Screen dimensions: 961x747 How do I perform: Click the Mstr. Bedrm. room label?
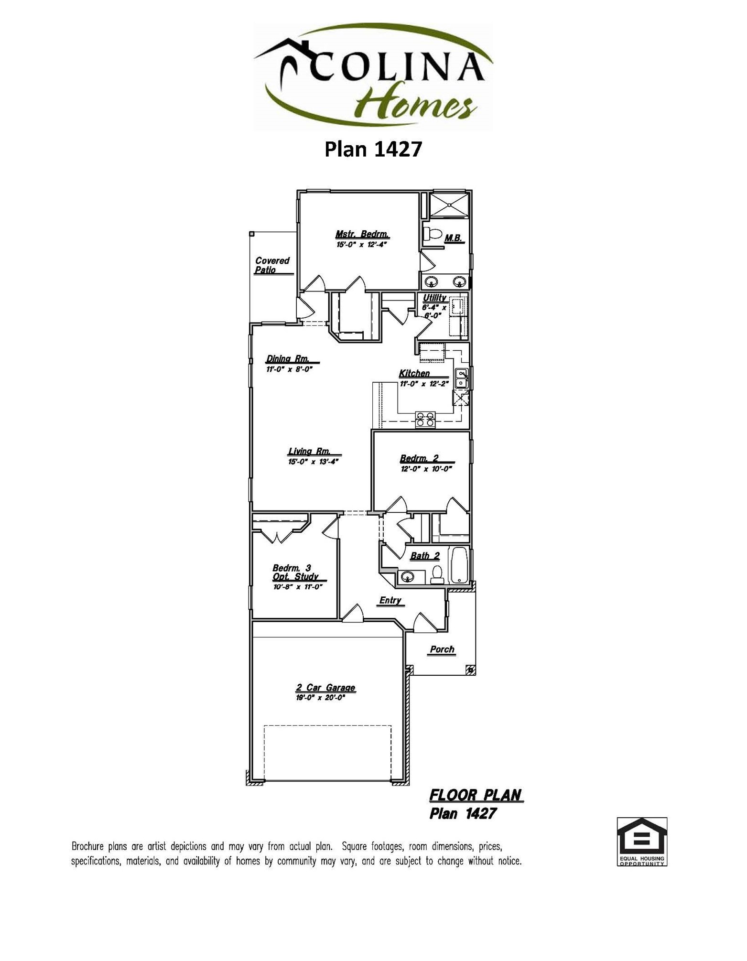pyautogui.click(x=362, y=235)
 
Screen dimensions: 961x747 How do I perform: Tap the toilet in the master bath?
pyautogui.click(x=433, y=234)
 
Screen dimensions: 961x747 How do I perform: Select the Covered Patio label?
pyautogui.click(x=272, y=265)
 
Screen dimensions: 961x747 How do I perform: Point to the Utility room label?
pyautogui.click(x=434, y=298)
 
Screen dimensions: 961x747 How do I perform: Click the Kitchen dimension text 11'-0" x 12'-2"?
pyautogui.click(x=423, y=383)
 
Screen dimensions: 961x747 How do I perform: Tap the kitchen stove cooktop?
pyautogui.click(x=425, y=419)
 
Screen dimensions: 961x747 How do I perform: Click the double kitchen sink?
pyautogui.click(x=461, y=378)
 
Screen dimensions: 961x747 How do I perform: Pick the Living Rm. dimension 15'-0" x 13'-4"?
pyautogui.click(x=313, y=462)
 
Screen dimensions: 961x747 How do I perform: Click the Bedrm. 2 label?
pyautogui.click(x=419, y=459)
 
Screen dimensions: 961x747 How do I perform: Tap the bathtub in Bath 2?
pyautogui.click(x=459, y=565)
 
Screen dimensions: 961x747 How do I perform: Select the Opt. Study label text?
pyautogui.click(x=295, y=577)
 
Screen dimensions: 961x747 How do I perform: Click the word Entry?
pyautogui.click(x=390, y=600)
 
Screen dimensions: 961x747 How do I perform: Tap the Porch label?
pyautogui.click(x=442, y=649)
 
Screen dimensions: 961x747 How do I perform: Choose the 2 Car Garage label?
pyautogui.click(x=325, y=688)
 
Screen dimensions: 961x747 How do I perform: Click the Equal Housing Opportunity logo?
pyautogui.click(x=641, y=842)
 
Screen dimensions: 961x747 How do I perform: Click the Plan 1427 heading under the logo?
pyautogui.click(x=373, y=149)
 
